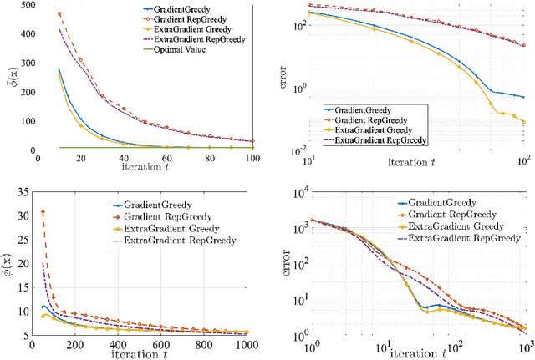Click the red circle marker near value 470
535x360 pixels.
[59, 14]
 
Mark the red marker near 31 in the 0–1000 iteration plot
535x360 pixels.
[43, 212]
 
